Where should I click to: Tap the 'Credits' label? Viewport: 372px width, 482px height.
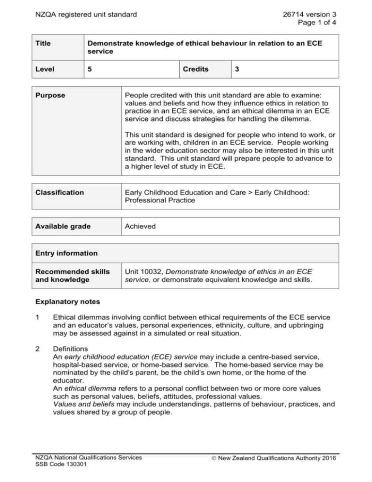pos(196,69)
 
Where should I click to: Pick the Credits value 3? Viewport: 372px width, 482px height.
pos(236,69)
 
